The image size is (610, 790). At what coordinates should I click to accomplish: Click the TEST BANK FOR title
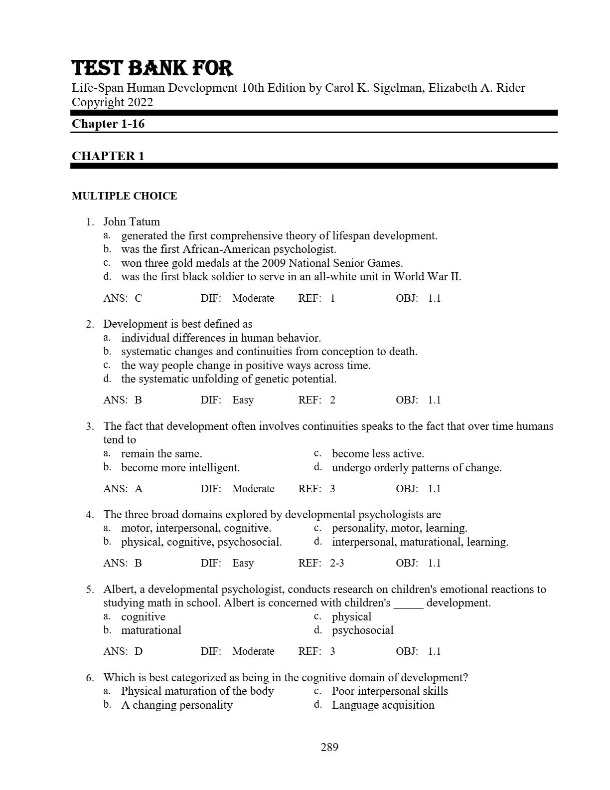click(x=152, y=68)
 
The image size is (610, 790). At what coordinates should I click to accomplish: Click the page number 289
click(x=329, y=747)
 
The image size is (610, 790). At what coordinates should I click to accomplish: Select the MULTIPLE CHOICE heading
click(x=124, y=196)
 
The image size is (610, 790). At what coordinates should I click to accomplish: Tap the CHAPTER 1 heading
click(x=108, y=156)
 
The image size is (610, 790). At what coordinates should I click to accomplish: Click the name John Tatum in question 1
click(x=132, y=222)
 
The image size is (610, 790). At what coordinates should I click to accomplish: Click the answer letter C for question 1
click(x=138, y=298)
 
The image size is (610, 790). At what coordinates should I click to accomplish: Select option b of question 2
click(x=269, y=352)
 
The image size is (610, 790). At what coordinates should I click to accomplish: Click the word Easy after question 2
click(x=243, y=400)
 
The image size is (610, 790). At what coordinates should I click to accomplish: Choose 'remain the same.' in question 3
click(x=161, y=454)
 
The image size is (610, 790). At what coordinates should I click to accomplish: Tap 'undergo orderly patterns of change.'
click(x=417, y=468)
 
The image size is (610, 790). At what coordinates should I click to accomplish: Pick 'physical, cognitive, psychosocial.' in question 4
click(x=201, y=542)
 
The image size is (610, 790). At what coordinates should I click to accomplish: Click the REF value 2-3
click(x=337, y=563)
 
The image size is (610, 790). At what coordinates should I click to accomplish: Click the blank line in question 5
click(x=408, y=603)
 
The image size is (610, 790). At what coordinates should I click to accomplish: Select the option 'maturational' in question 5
click(x=151, y=630)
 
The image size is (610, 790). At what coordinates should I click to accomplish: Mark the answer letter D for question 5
click(x=139, y=651)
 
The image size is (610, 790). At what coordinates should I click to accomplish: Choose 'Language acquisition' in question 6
click(x=383, y=705)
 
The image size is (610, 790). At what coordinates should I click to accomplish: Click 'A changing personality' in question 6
click(x=177, y=705)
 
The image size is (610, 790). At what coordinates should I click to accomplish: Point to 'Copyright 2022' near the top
click(x=112, y=102)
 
